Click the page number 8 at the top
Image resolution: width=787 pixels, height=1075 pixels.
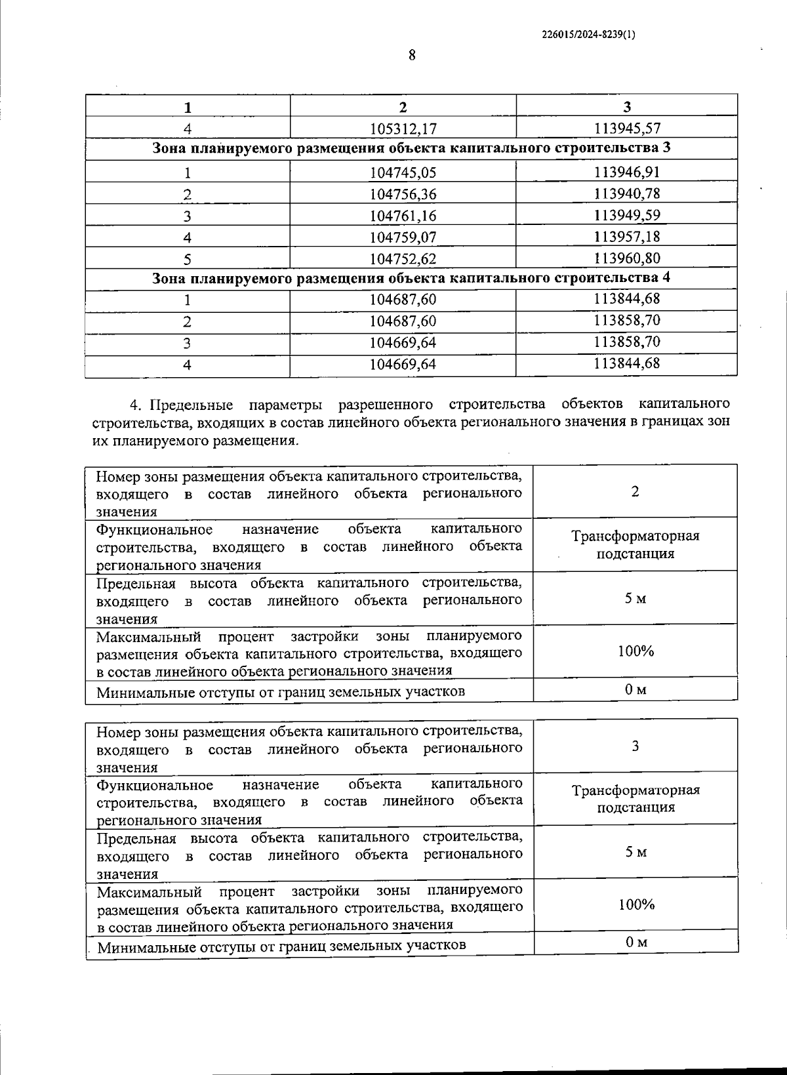pos(412,56)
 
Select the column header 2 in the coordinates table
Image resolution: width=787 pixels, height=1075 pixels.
pos(403,107)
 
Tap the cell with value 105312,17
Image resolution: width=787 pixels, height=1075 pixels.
pos(403,128)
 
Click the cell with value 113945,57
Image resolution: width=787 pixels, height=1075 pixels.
pos(626,128)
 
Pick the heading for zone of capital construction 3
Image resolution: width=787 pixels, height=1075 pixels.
pos(411,148)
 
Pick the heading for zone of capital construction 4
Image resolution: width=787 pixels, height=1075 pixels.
pos(411,278)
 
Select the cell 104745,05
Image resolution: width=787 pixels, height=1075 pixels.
pos(403,172)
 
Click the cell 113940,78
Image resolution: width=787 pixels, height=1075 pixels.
pos(626,193)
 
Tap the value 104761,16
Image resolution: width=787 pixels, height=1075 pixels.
pos(403,216)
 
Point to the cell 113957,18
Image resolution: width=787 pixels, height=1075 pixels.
pos(626,237)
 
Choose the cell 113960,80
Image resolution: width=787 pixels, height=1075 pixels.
pos(626,258)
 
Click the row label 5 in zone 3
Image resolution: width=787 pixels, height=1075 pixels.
pos(188,259)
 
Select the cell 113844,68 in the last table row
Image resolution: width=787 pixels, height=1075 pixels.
pos(626,364)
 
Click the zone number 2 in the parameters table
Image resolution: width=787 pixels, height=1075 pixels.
pos(635,492)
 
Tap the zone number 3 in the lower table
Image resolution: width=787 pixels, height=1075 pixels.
pos(635,746)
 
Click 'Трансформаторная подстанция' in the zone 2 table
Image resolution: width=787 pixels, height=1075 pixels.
pos(635,544)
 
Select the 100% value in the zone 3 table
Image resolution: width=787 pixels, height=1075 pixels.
pos(636,905)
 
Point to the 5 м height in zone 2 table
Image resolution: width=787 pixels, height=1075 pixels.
pos(635,598)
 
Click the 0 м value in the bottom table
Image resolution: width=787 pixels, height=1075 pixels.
pos(636,943)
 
